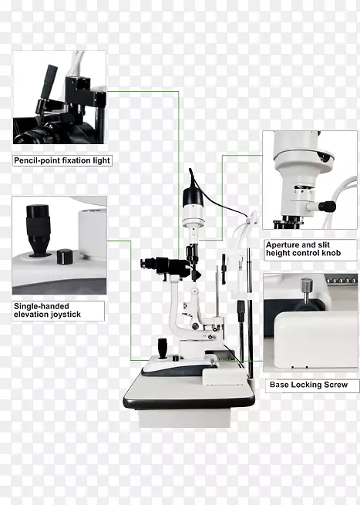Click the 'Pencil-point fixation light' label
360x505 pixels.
[x=62, y=160]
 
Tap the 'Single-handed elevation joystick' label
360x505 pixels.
[x=47, y=310]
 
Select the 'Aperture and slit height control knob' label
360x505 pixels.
[x=303, y=249]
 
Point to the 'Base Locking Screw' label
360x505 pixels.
[x=308, y=385]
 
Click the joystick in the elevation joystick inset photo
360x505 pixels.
[x=38, y=230]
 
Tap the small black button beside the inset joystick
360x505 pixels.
[x=65, y=257]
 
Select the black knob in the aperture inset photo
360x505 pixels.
[x=327, y=206]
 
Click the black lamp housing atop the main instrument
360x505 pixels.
[x=193, y=197]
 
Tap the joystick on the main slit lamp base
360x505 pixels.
[x=163, y=348]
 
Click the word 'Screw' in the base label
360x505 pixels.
[x=336, y=385]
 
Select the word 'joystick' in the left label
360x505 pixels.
[x=65, y=315]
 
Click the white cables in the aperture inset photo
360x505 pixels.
[x=341, y=200]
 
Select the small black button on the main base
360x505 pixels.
[x=176, y=359]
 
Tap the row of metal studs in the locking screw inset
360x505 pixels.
[x=341, y=281]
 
